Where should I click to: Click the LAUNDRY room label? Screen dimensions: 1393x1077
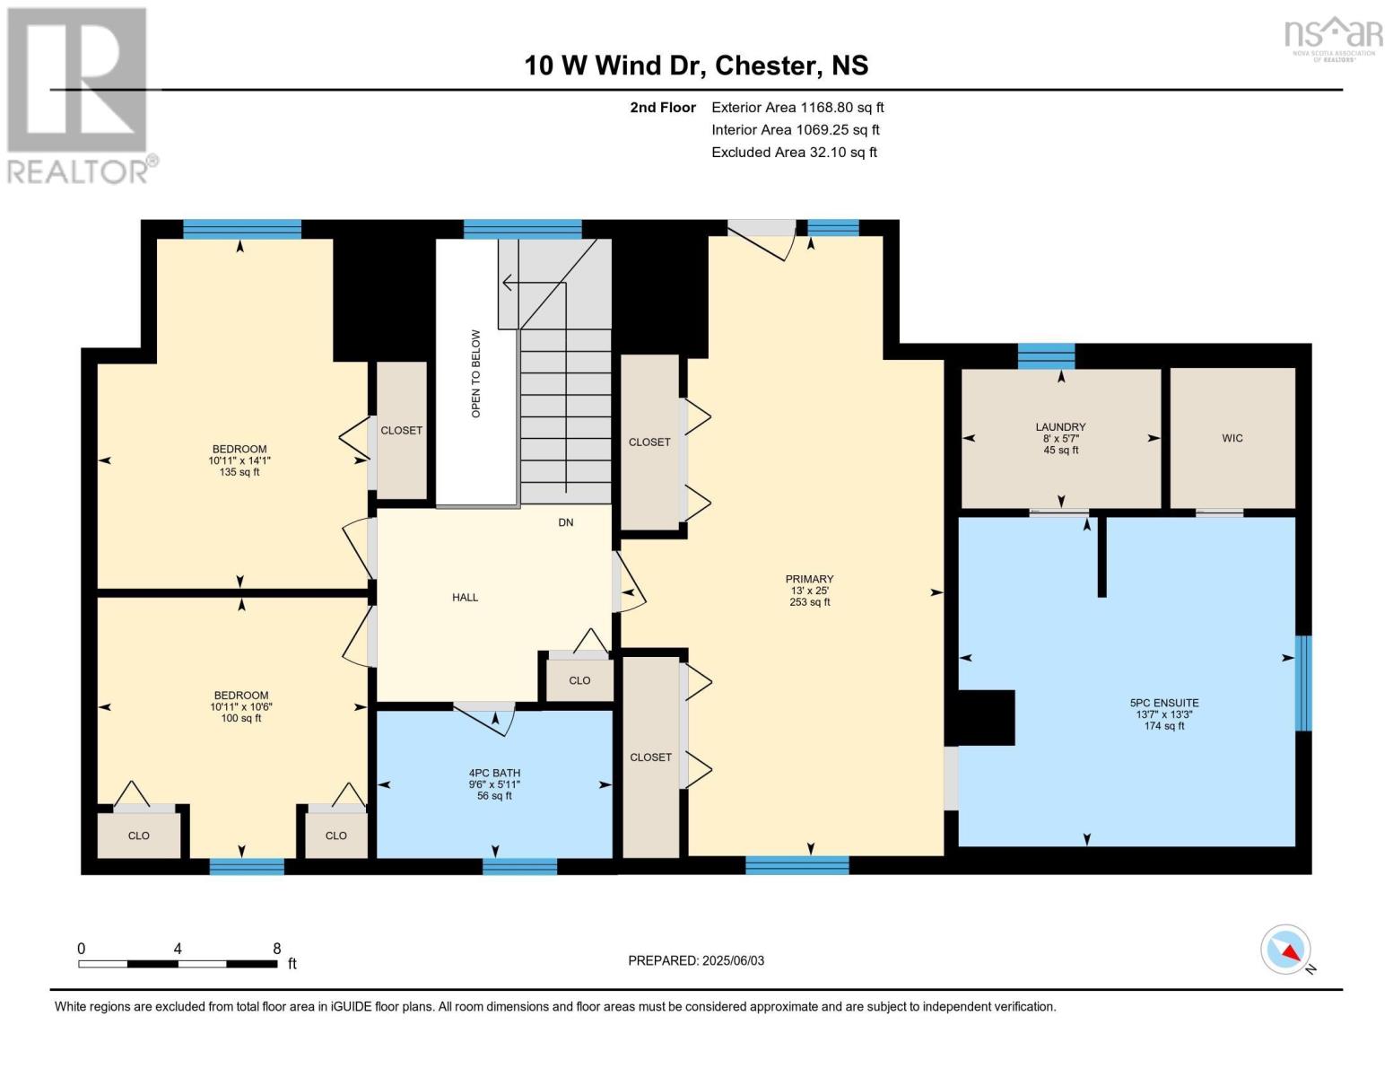pos(1060,426)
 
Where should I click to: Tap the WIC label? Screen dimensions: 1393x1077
pos(1232,438)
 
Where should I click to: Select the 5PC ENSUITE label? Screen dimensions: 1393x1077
pos(1164,703)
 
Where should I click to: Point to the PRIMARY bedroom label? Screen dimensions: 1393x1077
pos(809,579)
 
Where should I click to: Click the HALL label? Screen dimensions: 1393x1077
pos(465,597)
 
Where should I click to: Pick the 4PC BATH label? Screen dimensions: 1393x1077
pos(494,773)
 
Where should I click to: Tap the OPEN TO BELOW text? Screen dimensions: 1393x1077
pos(475,373)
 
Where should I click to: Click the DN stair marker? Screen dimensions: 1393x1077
pos(565,522)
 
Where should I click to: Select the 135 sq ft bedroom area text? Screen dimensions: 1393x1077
pos(239,472)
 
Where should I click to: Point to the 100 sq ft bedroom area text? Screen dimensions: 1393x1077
pos(241,718)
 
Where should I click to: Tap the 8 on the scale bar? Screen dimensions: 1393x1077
pos(277,949)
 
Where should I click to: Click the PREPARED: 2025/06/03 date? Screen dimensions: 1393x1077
pos(696,960)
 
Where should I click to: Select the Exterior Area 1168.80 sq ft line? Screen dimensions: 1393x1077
pos(797,107)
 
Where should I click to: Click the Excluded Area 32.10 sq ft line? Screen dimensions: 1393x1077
pos(794,152)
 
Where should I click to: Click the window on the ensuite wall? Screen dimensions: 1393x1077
pos(1304,683)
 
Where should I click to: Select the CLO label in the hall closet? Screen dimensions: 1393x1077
pos(579,680)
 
